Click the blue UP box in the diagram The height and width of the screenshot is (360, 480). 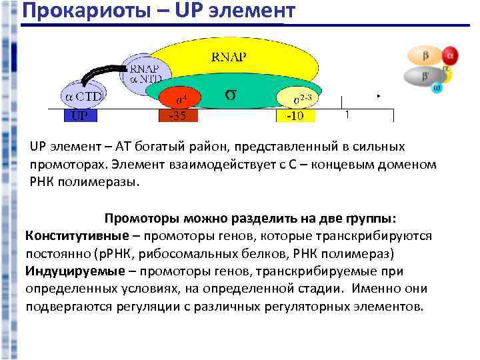[x=80, y=115]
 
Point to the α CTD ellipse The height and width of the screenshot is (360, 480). [x=83, y=96]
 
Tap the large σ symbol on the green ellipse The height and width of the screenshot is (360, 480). [x=229, y=94]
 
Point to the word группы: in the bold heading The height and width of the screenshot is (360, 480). [x=370, y=219]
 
